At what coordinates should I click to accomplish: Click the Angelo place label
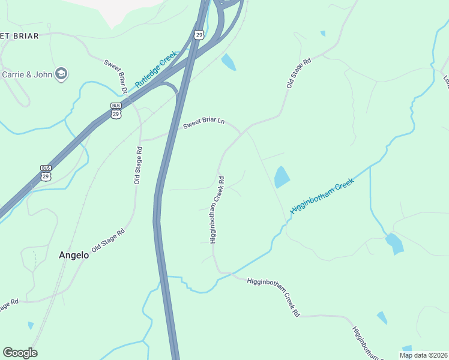point(74,255)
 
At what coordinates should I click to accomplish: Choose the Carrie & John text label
point(27,74)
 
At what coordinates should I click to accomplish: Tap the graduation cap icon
point(61,74)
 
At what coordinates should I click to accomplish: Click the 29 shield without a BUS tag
point(199,34)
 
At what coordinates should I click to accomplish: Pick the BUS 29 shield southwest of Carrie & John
point(46,173)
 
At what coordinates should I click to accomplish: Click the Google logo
point(20,353)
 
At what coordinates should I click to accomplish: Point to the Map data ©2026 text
point(423,355)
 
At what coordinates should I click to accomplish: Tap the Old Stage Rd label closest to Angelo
point(108,240)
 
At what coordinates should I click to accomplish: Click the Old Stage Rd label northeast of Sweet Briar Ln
point(298,74)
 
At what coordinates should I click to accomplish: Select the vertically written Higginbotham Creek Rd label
point(217,209)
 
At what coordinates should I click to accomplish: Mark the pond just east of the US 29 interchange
point(228,62)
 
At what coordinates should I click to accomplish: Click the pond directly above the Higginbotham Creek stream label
point(281,177)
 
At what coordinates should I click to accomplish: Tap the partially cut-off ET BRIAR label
point(19,36)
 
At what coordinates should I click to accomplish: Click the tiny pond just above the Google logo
point(31,325)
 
